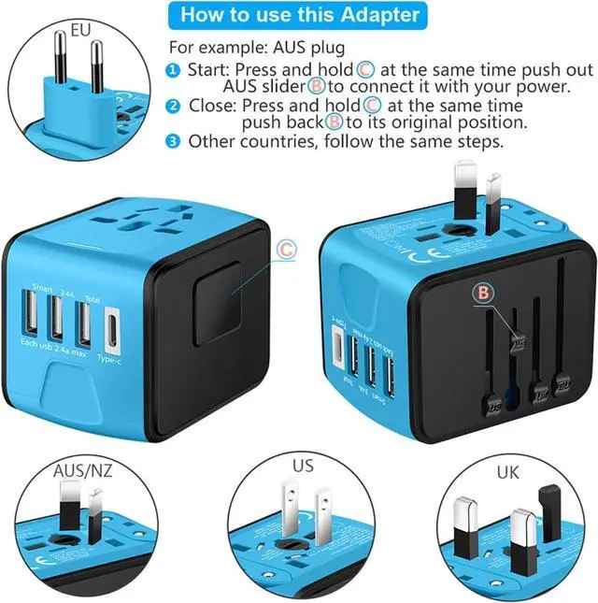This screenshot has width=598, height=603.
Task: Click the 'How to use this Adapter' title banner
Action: pyautogui.click(x=299, y=15)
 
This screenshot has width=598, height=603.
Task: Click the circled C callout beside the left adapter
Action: pyautogui.click(x=287, y=250)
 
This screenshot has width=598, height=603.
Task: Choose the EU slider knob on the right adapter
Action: pyautogui.click(x=562, y=382)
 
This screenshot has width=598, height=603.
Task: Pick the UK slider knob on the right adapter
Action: pyautogui.click(x=539, y=393)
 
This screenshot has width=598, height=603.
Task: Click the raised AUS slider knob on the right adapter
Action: pyautogui.click(x=518, y=342)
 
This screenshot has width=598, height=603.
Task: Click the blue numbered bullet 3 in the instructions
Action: pyautogui.click(x=175, y=142)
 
